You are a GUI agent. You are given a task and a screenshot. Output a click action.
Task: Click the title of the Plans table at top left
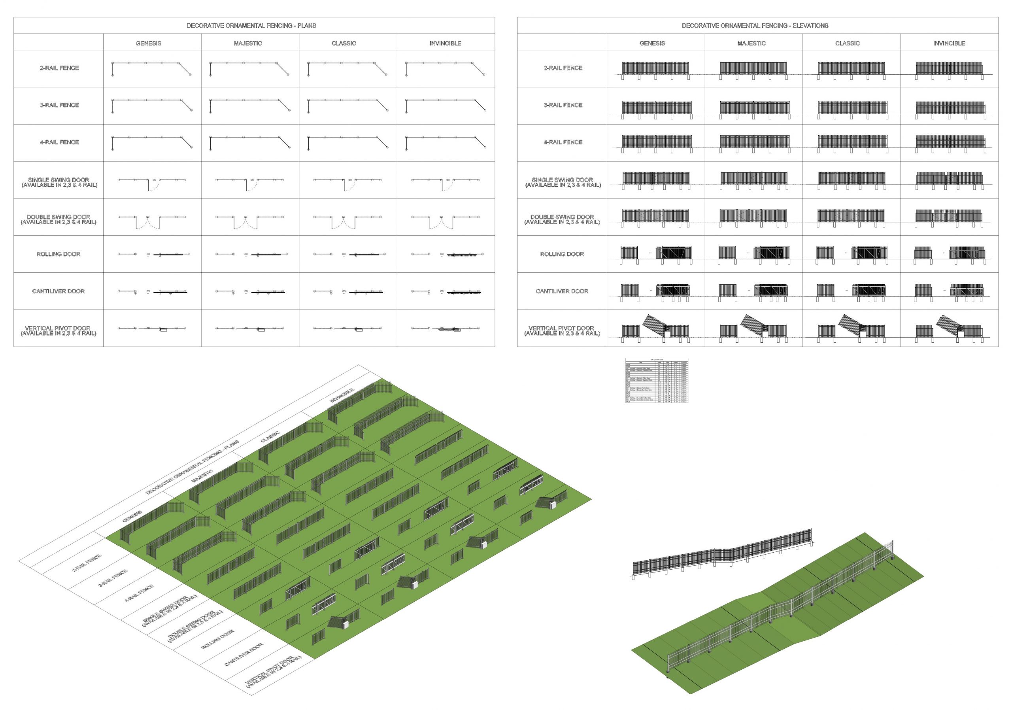pos(251,26)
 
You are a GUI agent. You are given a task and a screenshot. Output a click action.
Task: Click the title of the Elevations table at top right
pos(755,26)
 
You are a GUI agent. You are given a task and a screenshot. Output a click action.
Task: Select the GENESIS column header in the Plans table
pos(149,43)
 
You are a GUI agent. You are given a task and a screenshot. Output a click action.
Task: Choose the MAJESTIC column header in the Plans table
pos(248,43)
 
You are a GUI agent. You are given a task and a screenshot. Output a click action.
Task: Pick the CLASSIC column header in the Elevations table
pos(847,43)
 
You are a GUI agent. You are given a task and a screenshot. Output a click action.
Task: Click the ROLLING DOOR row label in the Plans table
pos(58,254)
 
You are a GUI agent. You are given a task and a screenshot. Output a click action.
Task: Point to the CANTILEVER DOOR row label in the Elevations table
pos(562,291)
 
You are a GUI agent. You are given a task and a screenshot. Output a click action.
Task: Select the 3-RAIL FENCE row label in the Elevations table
pos(563,105)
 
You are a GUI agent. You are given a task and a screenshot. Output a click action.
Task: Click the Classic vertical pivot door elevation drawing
pos(852,329)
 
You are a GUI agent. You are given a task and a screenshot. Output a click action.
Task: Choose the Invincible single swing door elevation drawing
pos(950,179)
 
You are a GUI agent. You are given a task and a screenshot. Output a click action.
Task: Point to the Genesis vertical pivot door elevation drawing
pos(655,329)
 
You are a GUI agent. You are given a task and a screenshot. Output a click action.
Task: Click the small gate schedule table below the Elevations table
pos(656,380)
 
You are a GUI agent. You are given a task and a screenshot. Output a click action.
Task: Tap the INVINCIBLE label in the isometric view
pos(342,395)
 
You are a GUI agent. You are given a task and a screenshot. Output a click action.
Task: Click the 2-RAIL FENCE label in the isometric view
pos(87,563)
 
